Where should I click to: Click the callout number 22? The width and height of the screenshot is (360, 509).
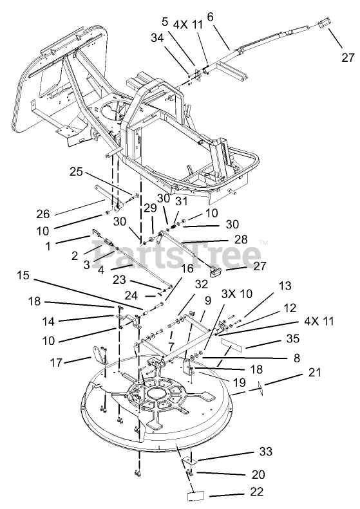tap(256, 491)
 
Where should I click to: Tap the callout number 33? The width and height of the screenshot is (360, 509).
tap(265, 451)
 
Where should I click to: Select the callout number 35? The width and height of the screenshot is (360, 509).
tap(292, 338)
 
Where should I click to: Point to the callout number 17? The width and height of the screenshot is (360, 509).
tap(55, 362)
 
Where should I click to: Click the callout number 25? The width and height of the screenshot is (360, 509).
tap(77, 171)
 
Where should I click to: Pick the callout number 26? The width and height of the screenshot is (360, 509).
tap(43, 214)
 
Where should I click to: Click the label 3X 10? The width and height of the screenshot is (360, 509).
tap(237, 293)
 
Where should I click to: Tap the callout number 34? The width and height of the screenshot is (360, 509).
tap(157, 38)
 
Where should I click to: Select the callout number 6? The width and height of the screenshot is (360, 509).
tap(210, 17)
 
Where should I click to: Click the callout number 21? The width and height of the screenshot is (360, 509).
tap(314, 372)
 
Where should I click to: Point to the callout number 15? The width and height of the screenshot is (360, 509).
tap(23, 275)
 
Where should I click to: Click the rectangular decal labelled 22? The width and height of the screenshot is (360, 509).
tap(196, 496)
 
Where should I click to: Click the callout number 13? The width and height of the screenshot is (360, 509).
tap(285, 286)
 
